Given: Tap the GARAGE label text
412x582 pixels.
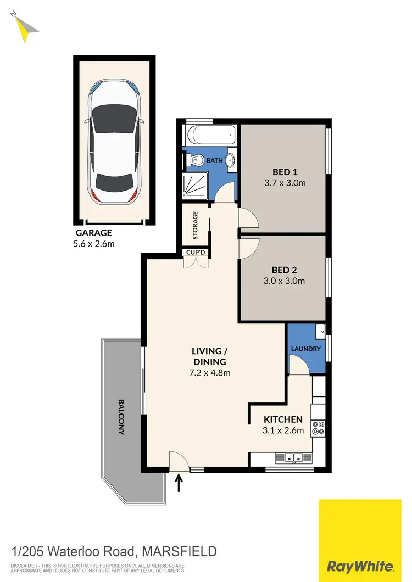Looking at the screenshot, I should pyautogui.click(x=93, y=233).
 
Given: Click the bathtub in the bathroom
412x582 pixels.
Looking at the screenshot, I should pyautogui.click(x=211, y=135).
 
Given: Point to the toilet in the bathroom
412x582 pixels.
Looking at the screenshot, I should pyautogui.click(x=196, y=161).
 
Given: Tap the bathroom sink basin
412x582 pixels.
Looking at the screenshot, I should pyautogui.click(x=231, y=161).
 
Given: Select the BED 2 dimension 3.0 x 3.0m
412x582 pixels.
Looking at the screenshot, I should pyautogui.click(x=284, y=281).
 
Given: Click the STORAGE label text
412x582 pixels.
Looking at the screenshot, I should pyautogui.click(x=194, y=226).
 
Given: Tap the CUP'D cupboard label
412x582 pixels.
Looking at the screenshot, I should pyautogui.click(x=196, y=253).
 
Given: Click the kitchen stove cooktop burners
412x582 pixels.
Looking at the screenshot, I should pyautogui.click(x=318, y=428).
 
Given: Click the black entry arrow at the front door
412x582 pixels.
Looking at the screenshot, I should pyautogui.click(x=179, y=483).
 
